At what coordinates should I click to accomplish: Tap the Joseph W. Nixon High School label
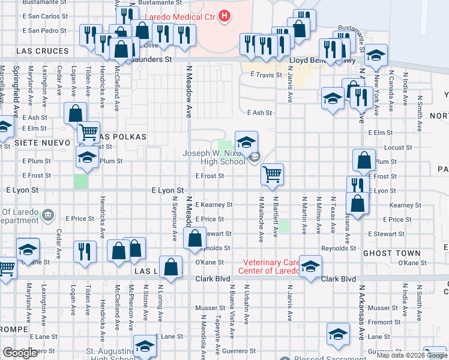coord(214,158)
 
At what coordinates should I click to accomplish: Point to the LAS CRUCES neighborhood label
coord(43,52)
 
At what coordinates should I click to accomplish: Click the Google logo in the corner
coord(20,353)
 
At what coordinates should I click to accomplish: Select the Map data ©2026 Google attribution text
coord(412,355)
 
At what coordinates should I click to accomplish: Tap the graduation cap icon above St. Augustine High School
coord(144,347)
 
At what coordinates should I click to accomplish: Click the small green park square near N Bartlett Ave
coord(283,226)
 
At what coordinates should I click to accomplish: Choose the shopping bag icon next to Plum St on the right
coord(364,160)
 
